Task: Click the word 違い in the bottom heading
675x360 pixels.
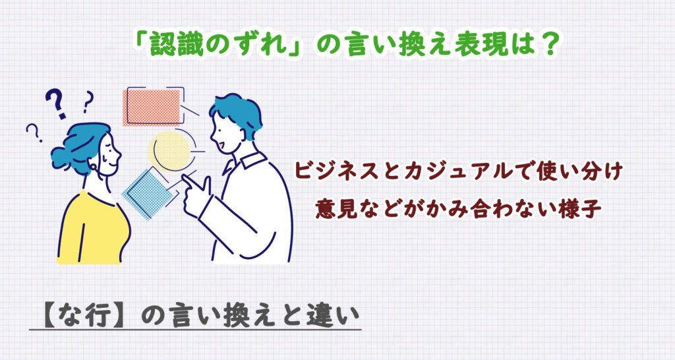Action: coord(336,314)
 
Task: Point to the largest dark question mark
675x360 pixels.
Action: coord(57,105)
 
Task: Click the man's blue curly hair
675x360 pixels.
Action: coord(234,112)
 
